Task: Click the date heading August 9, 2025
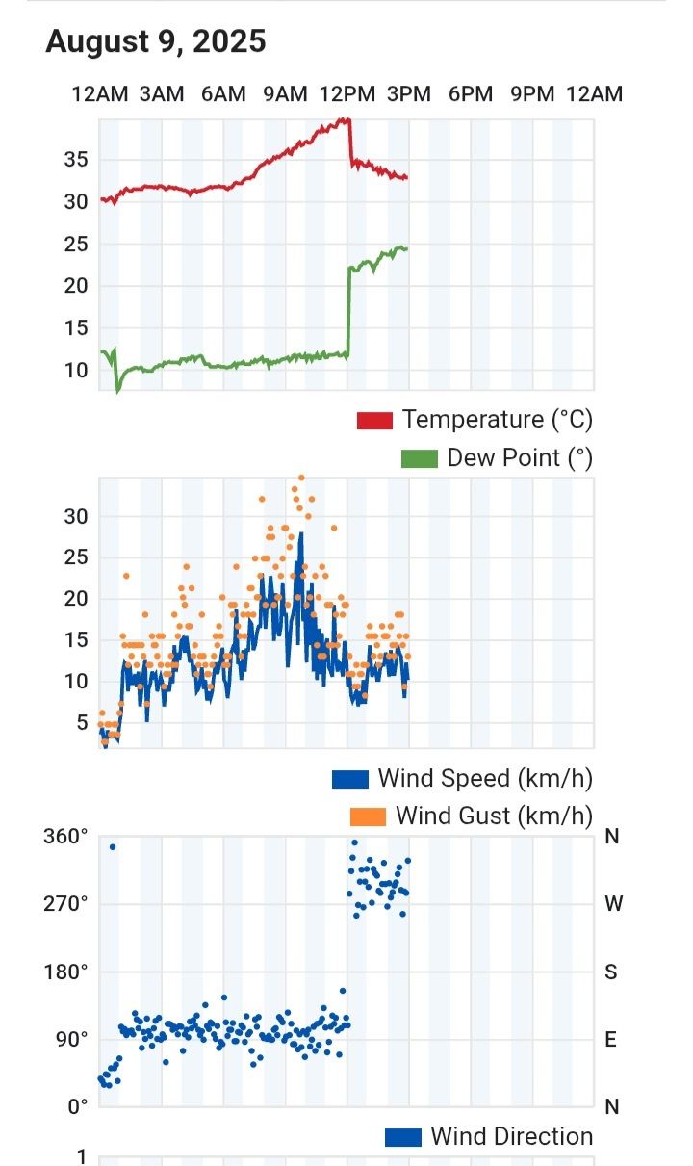point(155,42)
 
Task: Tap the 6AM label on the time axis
point(223,94)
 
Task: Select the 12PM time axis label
point(346,94)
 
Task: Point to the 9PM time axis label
point(532,94)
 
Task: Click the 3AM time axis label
point(162,94)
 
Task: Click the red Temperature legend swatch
point(374,420)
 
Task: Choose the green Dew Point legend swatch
point(419,458)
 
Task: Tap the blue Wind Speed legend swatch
point(350,778)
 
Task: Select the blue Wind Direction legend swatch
point(403,1137)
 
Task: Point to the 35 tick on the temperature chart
point(77,160)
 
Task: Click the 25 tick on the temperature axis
point(77,245)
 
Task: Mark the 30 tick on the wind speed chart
point(77,516)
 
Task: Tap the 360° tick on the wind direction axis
point(64,837)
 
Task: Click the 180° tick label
point(64,972)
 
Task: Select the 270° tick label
point(64,904)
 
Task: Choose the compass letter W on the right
point(613,904)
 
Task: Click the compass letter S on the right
point(611,972)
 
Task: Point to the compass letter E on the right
point(611,1039)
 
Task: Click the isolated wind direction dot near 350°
point(113,847)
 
